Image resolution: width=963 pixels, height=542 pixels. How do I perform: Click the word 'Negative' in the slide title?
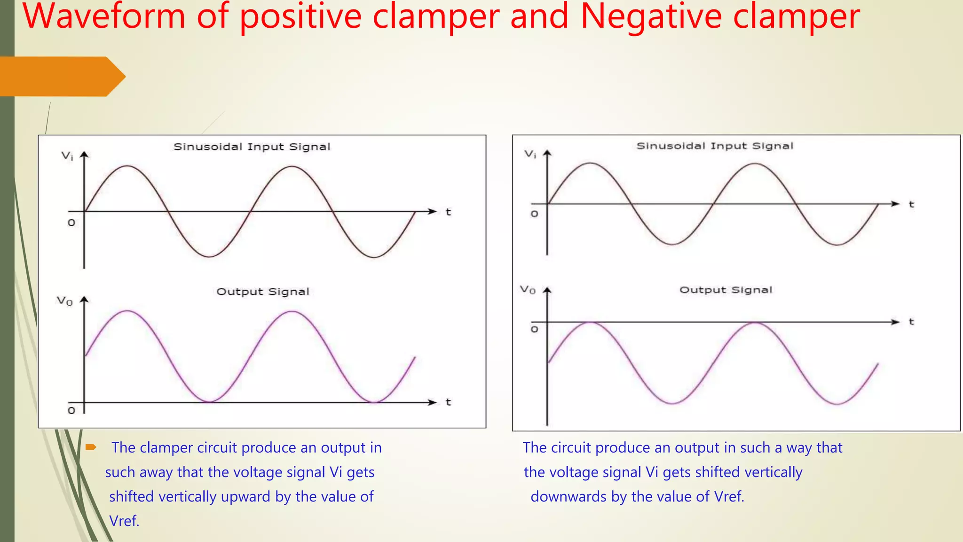tap(651, 16)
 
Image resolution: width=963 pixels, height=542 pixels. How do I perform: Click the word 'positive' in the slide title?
tap(300, 16)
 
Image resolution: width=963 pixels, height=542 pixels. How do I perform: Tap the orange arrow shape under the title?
tap(61, 77)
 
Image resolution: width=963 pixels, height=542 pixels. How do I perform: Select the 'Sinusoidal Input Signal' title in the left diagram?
tap(252, 147)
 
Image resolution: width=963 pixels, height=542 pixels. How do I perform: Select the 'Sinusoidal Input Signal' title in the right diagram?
tap(715, 146)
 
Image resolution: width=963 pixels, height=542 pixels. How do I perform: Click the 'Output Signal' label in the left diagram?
tap(263, 292)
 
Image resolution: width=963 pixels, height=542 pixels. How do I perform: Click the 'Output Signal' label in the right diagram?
tap(726, 290)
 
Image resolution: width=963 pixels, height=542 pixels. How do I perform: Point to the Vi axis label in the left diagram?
tap(67, 156)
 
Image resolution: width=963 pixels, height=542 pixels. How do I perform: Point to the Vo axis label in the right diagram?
tap(528, 290)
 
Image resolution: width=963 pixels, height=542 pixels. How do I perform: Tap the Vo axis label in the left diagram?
tap(65, 301)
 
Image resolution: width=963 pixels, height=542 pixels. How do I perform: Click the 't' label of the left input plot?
tap(448, 212)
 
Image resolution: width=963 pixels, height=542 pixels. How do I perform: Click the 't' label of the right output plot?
tap(911, 322)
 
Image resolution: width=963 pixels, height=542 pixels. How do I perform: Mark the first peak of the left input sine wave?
tap(127, 166)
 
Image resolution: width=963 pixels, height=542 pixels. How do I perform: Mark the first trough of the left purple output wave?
tap(210, 401)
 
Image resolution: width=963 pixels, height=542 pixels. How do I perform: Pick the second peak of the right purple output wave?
tap(755, 323)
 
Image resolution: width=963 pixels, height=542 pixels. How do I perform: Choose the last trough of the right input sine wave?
tap(837, 245)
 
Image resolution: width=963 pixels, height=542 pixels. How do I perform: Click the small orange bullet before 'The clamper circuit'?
tap(91, 447)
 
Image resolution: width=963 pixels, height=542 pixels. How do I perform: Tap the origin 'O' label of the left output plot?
tap(71, 411)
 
